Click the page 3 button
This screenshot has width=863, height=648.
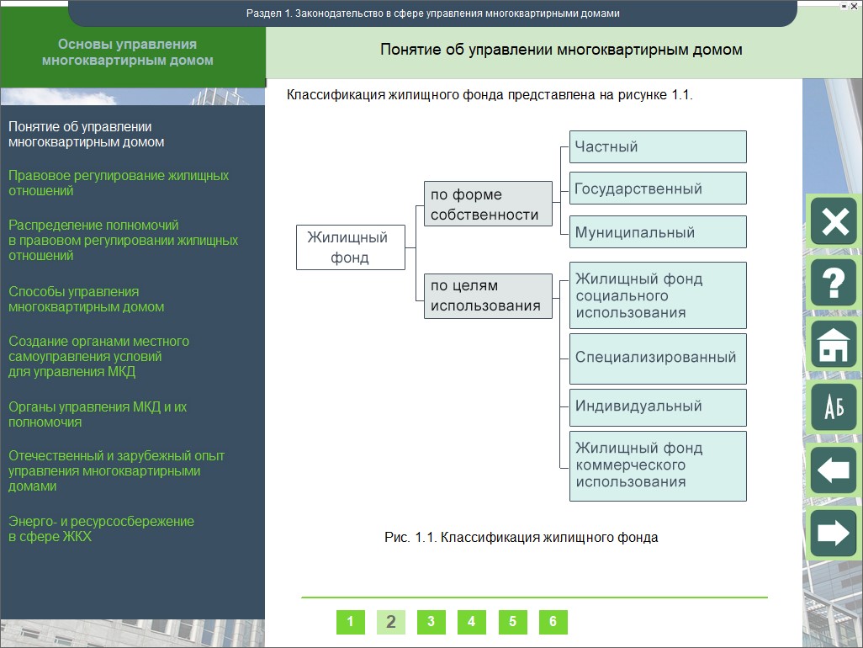pos(431,622)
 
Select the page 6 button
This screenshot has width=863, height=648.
pos(553,622)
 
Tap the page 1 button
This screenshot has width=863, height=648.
pos(351,622)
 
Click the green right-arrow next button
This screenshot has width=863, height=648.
pos(834,533)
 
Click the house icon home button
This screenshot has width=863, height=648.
pos(834,345)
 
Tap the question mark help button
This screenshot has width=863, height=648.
pos(834,283)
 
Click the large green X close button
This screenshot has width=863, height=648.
pos(834,221)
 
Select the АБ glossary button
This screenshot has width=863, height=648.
pos(834,407)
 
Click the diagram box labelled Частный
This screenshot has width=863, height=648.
pos(658,147)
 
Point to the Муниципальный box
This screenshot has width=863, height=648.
pos(658,231)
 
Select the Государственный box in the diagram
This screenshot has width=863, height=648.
pos(658,189)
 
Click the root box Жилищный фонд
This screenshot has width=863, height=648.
pos(351,247)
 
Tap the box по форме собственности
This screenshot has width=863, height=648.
pos(488,204)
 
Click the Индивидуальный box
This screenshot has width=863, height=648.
pos(658,408)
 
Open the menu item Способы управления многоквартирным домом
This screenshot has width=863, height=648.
pos(87,299)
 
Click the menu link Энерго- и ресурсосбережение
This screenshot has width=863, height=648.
pos(101,528)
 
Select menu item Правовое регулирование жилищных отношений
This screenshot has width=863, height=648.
pos(119,183)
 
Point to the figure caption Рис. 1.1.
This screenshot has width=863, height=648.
pos(522,538)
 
